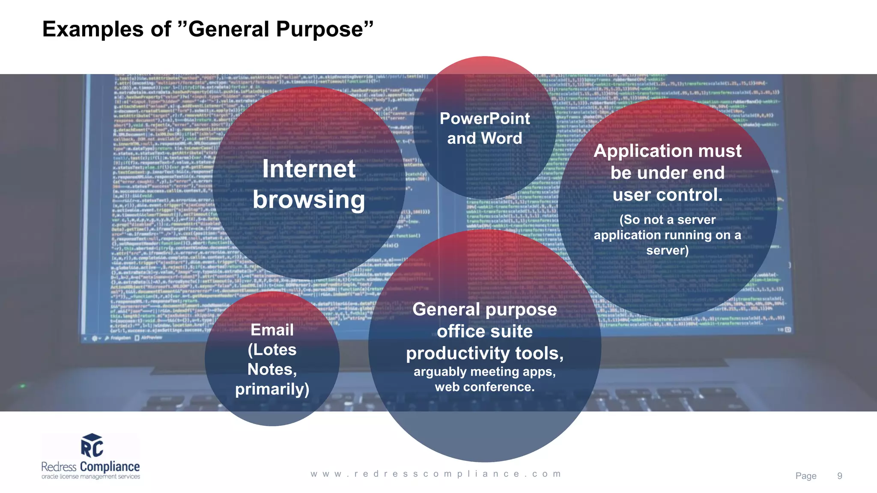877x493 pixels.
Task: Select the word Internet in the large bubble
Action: tap(309, 169)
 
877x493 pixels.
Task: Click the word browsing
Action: tap(309, 200)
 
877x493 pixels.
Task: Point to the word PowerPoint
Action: tap(485, 119)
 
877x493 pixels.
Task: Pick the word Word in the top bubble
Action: tap(501, 138)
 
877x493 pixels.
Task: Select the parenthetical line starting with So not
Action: tap(667, 220)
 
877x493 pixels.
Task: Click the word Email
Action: tap(272, 330)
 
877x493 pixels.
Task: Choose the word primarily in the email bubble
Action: tap(272, 389)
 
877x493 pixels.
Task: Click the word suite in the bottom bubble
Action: tap(512, 332)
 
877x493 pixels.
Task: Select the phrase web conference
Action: tap(484, 387)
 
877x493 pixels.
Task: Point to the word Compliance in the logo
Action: tap(110, 466)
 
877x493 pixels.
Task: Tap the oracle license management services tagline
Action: tap(91, 477)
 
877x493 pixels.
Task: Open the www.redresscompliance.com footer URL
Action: tap(436, 474)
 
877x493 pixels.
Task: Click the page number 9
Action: tap(839, 476)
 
